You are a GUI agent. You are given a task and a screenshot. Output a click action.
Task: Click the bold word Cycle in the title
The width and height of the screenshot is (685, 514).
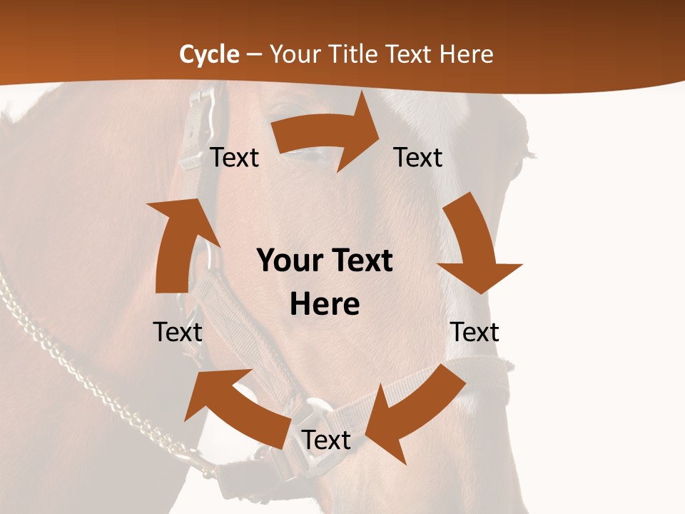pos(209,54)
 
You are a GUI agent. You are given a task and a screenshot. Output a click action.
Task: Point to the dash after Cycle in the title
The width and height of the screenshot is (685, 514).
pos(254,54)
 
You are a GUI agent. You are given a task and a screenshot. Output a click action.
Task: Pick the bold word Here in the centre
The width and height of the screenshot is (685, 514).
pos(325,304)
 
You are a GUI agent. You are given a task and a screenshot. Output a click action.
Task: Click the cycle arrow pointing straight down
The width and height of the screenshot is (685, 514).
pos(475,246)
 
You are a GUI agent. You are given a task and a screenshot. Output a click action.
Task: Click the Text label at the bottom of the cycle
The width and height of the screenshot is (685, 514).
pos(325,440)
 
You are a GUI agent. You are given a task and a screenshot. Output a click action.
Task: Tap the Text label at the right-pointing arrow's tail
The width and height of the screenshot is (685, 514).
pos(234,157)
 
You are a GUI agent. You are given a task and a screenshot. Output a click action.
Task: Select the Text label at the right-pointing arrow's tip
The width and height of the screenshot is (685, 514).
pos(418,157)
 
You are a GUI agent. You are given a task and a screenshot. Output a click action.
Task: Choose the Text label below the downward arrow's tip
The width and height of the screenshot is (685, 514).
pos(475,332)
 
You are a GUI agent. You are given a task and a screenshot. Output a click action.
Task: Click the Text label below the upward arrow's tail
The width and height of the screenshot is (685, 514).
pos(178,332)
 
